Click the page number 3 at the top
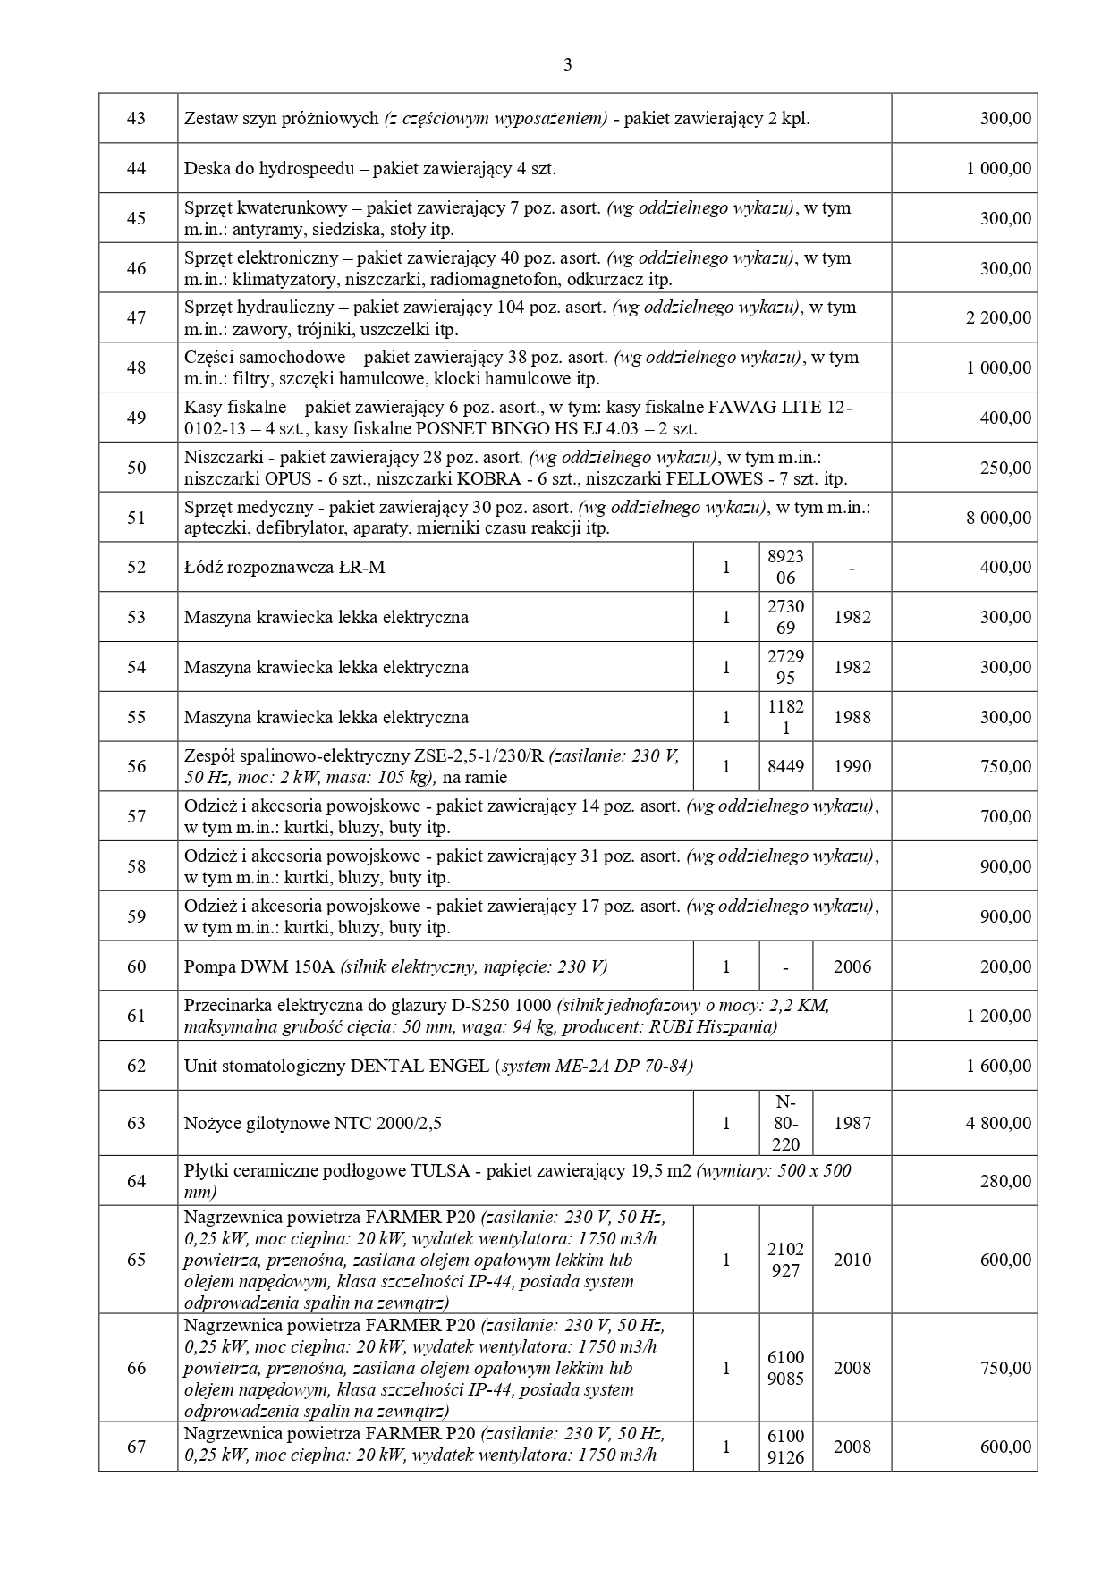pyautogui.click(x=568, y=64)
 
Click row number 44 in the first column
pyautogui.click(x=137, y=168)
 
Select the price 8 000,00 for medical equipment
pyautogui.click(x=998, y=518)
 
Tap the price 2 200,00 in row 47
pyautogui.click(x=998, y=318)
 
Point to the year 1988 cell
pyautogui.click(x=852, y=717)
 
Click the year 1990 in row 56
pyautogui.click(x=852, y=766)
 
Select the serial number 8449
pyautogui.click(x=785, y=766)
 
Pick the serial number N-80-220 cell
pyautogui.click(x=785, y=1123)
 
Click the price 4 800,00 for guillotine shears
pyautogui.click(x=998, y=1123)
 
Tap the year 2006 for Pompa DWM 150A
pyautogui.click(x=852, y=966)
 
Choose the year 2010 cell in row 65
pyautogui.click(x=852, y=1260)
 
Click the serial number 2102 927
pyautogui.click(x=785, y=1260)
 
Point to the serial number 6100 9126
pyautogui.click(x=785, y=1447)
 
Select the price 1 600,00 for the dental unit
pyautogui.click(x=998, y=1066)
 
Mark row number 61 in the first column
pyautogui.click(x=137, y=1016)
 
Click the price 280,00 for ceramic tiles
pyautogui.click(x=1005, y=1181)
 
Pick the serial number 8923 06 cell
pyautogui.click(x=785, y=567)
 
